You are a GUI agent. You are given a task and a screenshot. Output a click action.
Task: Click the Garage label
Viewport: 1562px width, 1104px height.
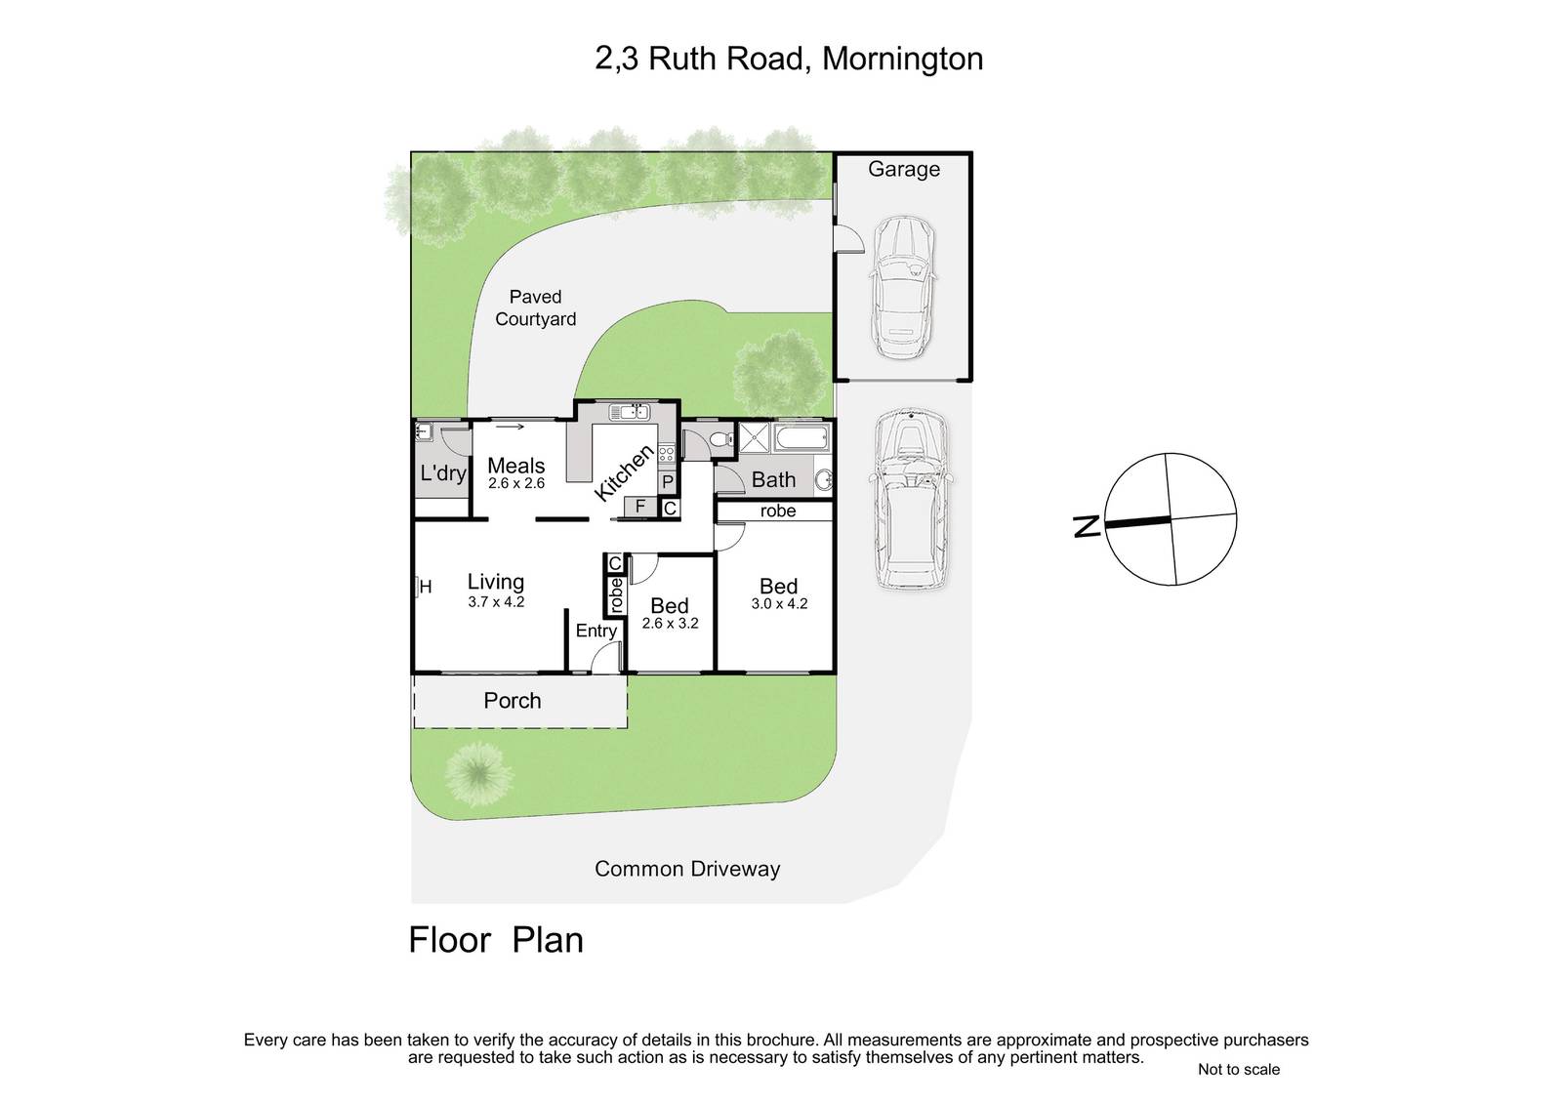(x=904, y=170)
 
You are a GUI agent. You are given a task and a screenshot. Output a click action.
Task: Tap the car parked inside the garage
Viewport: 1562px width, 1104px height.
(x=902, y=288)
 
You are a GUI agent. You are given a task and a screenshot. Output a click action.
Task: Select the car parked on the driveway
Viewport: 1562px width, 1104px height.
(x=911, y=500)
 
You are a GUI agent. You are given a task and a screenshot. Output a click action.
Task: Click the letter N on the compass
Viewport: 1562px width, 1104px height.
(x=1086, y=526)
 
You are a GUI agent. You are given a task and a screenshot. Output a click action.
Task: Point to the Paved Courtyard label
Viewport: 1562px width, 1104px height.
(x=536, y=308)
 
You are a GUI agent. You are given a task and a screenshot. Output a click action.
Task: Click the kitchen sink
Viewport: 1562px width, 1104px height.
(x=630, y=412)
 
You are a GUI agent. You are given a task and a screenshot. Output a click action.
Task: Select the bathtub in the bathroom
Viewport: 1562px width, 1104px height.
(x=802, y=438)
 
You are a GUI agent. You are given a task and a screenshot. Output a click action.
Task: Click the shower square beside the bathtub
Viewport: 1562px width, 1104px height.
(x=754, y=437)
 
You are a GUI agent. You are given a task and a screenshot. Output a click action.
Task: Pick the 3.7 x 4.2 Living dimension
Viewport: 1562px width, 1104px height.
(x=496, y=602)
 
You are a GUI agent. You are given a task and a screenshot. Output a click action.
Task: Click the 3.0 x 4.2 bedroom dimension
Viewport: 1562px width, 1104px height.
(x=779, y=604)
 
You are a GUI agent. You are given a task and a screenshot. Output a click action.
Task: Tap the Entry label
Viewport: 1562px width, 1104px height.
(x=596, y=632)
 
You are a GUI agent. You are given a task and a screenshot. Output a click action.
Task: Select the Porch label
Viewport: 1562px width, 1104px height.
(x=513, y=700)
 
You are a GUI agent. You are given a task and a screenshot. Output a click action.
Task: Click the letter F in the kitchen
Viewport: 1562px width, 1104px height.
(x=640, y=507)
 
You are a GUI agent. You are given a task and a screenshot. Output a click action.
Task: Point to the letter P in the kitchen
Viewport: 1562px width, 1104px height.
(x=668, y=482)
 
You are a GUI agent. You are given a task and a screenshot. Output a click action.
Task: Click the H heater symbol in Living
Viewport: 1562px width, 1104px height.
(x=424, y=587)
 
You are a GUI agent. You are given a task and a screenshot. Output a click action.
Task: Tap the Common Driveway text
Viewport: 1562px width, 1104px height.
(x=687, y=869)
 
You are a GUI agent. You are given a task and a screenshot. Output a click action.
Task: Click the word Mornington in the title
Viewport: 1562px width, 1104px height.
(x=902, y=60)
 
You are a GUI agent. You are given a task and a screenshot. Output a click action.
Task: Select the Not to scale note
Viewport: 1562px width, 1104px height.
(x=1239, y=1069)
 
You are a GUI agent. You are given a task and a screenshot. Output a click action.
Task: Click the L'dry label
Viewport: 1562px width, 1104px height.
(x=443, y=473)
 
